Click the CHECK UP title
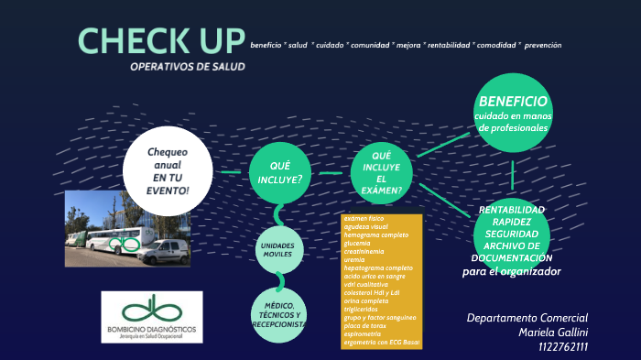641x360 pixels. click(161, 41)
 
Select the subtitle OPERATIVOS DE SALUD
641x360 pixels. click(188, 67)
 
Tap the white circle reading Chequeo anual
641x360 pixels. click(168, 170)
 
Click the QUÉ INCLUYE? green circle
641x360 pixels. click(281, 171)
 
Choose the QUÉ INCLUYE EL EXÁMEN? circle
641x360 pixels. click(382, 171)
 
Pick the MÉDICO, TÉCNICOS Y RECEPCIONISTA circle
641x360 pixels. click(279, 314)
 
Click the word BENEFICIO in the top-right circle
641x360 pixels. click(513, 102)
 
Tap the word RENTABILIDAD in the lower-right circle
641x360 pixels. click(511, 210)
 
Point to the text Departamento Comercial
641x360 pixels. click(527, 317)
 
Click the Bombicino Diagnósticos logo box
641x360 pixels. click(152, 317)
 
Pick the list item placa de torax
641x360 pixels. click(364, 325)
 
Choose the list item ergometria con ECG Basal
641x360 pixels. click(378, 342)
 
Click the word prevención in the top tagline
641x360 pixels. click(543, 45)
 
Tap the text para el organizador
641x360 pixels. click(511, 272)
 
